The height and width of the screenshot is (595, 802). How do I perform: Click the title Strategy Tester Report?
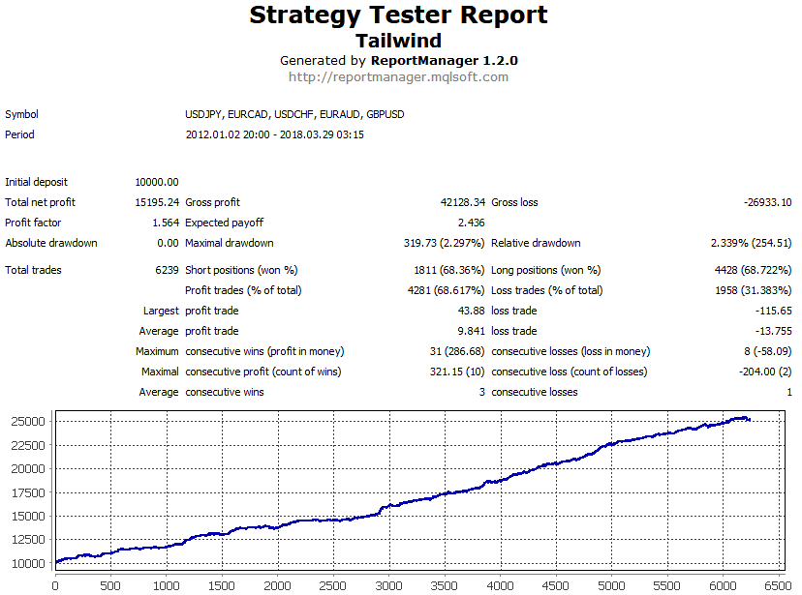pos(398,15)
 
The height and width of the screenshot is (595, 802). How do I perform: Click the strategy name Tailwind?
pos(398,41)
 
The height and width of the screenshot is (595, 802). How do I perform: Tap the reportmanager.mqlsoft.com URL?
pos(398,77)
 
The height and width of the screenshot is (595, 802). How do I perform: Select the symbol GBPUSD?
pos(386,114)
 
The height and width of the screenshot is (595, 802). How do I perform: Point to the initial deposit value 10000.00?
pos(158,182)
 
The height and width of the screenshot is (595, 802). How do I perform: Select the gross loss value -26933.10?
pos(764,202)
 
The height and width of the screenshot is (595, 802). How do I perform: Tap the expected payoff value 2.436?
pos(471,223)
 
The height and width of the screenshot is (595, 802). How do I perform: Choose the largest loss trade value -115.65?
pos(773,311)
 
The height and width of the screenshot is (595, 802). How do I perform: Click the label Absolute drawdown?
pos(51,243)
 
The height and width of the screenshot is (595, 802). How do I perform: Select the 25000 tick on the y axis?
pos(29,421)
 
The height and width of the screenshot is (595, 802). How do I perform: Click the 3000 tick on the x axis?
pos(388,585)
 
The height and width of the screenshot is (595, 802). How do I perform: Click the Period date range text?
pos(274,134)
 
